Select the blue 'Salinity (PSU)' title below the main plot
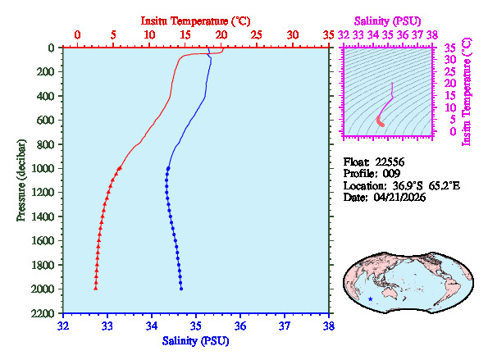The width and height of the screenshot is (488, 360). click(x=196, y=340)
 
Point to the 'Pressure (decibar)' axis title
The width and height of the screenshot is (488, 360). click(x=21, y=180)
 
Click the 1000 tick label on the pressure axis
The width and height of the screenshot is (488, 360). click(x=45, y=169)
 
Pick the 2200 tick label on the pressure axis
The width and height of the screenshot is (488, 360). click(x=45, y=314)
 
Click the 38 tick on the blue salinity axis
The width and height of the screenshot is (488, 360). click(x=329, y=326)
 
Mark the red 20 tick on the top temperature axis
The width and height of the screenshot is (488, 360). click(x=221, y=35)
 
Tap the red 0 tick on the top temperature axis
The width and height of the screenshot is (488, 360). click(x=77, y=35)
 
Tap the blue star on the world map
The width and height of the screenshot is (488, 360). click(x=370, y=299)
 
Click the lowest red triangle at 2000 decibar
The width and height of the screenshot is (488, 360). click(x=96, y=289)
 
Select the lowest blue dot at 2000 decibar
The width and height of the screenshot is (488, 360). click(x=180, y=289)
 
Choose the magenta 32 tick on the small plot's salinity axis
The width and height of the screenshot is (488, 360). click(x=344, y=35)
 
